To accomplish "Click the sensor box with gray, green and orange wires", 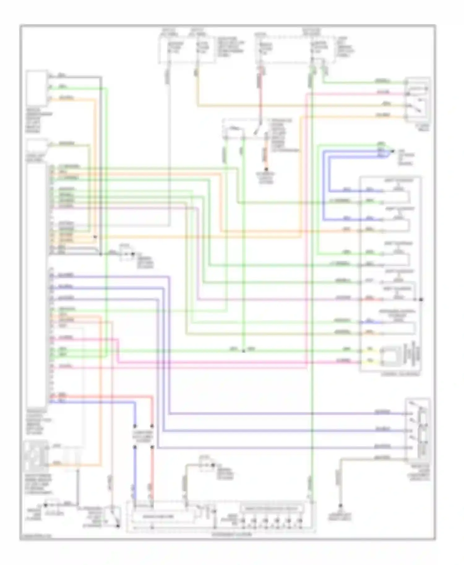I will pyautogui.click(x=37, y=88).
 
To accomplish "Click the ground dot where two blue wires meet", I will pyautogui.click(x=392, y=151).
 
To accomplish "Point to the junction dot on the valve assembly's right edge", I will pyautogui.click(x=421, y=299).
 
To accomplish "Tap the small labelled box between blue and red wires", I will pyautogui.click(x=143, y=436).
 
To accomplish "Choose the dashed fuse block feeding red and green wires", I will pyautogui.click(x=295, y=49).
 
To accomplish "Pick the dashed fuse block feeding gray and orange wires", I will pyautogui.click(x=187, y=49).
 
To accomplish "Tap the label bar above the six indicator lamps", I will pyautogui.click(x=271, y=508).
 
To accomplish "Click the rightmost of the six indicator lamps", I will pyautogui.click(x=299, y=521).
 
